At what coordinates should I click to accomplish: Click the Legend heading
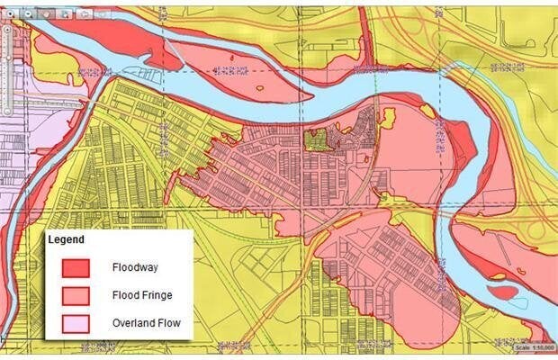(x=67, y=240)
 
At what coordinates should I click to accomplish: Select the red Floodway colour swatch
(x=76, y=267)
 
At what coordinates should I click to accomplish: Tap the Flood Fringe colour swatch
(x=76, y=295)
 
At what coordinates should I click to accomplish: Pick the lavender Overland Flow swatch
(x=76, y=322)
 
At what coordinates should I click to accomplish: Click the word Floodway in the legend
(x=135, y=267)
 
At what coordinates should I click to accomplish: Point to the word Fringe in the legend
(x=157, y=295)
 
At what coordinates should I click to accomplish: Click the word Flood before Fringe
(x=126, y=295)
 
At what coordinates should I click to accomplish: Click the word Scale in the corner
(x=525, y=347)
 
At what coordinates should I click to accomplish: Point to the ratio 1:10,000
(x=544, y=347)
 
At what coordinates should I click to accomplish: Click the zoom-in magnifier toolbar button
(x=10, y=13)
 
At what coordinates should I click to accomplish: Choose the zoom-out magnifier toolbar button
(x=29, y=13)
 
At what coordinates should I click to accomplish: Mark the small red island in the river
(x=504, y=292)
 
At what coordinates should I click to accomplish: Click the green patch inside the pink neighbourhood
(x=315, y=139)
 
